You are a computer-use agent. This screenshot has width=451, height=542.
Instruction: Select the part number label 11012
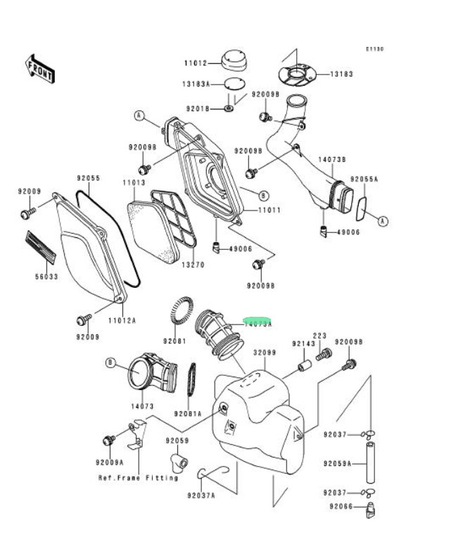point(196,63)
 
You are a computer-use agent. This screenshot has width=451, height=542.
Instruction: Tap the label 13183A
point(196,84)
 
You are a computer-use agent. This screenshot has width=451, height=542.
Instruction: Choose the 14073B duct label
point(332,159)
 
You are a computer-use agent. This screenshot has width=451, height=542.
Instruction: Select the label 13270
point(192,265)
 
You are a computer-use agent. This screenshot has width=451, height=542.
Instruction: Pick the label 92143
point(303,344)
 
